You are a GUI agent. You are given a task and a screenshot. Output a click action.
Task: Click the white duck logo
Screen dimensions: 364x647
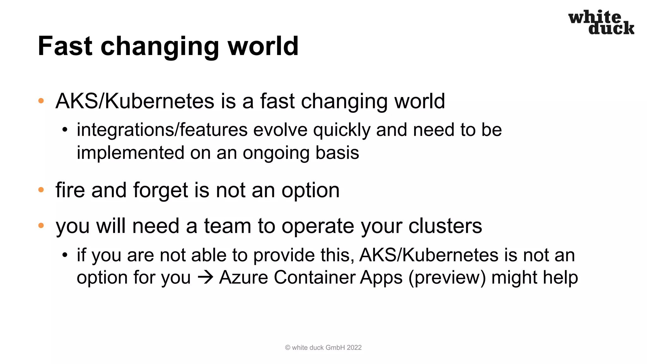click(601, 22)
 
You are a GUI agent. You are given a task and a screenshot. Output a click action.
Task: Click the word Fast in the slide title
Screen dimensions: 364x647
click(65, 46)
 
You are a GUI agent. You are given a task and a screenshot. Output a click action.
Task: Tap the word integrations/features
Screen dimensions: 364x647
click(162, 130)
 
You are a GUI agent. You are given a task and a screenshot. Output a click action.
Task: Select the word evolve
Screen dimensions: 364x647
click(280, 130)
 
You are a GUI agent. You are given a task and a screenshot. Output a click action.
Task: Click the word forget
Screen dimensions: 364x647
click(160, 191)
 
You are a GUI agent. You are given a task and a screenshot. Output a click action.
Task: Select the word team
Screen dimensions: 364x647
click(227, 226)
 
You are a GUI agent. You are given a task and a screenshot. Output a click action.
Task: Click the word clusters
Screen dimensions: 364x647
click(445, 226)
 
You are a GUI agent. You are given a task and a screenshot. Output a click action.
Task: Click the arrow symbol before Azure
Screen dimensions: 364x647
click(205, 278)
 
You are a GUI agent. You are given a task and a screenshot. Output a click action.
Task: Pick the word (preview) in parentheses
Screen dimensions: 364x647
click(447, 278)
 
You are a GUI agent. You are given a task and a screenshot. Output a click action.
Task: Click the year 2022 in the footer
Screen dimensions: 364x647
click(354, 348)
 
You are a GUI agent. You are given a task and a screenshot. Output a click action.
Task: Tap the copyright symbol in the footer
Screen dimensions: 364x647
click(287, 348)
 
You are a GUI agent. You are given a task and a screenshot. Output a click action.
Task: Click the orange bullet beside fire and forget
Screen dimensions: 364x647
click(41, 190)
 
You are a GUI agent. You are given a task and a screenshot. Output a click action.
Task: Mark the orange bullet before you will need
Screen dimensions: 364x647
click(41, 226)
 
